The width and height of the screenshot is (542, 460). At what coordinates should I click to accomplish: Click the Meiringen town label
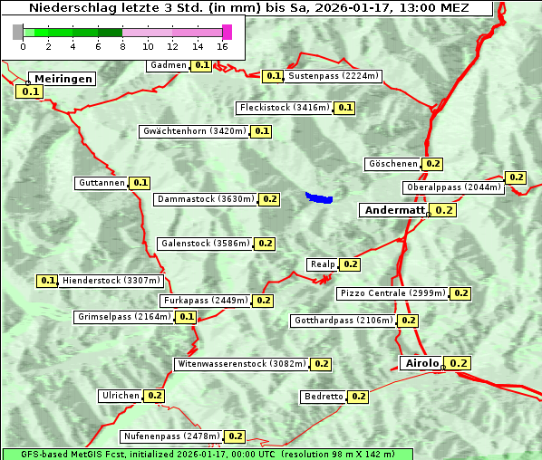click(63, 79)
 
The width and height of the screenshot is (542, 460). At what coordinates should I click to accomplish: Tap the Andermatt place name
click(393, 209)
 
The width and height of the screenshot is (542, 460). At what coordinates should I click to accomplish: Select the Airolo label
click(421, 363)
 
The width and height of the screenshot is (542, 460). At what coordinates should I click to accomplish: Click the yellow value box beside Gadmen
click(201, 65)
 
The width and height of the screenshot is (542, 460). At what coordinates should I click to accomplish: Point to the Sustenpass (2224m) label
click(334, 76)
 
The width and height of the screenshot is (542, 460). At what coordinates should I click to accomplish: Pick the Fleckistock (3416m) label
click(284, 108)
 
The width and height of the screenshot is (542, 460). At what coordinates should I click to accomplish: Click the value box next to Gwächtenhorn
click(261, 131)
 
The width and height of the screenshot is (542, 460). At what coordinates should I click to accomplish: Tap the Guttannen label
click(102, 183)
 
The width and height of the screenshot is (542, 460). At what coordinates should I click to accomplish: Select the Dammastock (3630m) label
click(205, 199)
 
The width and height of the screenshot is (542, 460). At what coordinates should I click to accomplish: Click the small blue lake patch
click(319, 197)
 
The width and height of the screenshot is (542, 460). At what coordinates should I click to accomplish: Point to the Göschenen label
click(393, 164)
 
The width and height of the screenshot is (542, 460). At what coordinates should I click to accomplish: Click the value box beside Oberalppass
click(516, 177)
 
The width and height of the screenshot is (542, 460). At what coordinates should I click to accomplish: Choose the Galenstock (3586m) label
click(204, 244)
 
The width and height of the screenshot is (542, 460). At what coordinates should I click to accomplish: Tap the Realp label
click(323, 264)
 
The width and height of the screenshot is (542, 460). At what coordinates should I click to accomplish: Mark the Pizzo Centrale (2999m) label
click(392, 293)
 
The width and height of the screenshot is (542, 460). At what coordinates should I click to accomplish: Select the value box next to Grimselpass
click(186, 317)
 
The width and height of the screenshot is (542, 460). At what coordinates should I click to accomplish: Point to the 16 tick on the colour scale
click(222, 46)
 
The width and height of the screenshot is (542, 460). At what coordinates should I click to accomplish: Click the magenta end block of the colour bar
click(227, 32)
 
